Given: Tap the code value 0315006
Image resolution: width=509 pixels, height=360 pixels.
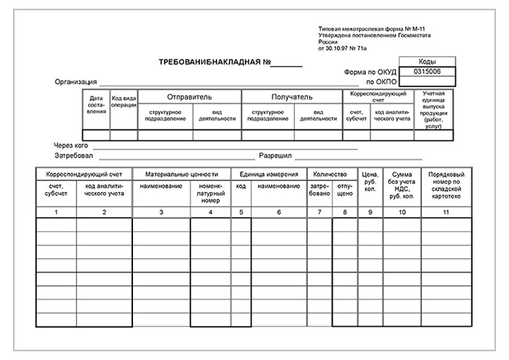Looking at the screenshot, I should click(x=427, y=72).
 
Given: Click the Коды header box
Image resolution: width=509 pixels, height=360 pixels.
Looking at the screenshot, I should click(x=428, y=63).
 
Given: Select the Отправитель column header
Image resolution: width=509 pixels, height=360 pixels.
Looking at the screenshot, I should click(x=189, y=96).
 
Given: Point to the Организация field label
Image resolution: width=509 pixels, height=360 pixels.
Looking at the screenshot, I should click(x=76, y=81).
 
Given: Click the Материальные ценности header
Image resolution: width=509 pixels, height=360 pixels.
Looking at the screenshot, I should click(x=181, y=175).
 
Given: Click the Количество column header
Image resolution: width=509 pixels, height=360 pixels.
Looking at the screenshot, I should click(x=332, y=175).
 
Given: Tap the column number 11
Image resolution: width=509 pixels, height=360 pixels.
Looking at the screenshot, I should click(x=445, y=212).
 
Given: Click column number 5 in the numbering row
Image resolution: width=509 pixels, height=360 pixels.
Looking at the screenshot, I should click(x=241, y=212).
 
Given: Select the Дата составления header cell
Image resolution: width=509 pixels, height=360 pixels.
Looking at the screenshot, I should click(x=96, y=105).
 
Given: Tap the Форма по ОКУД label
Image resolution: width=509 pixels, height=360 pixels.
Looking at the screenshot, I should click(x=371, y=72).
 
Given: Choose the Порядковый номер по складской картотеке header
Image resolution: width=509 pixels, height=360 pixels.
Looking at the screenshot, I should click(x=445, y=185).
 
